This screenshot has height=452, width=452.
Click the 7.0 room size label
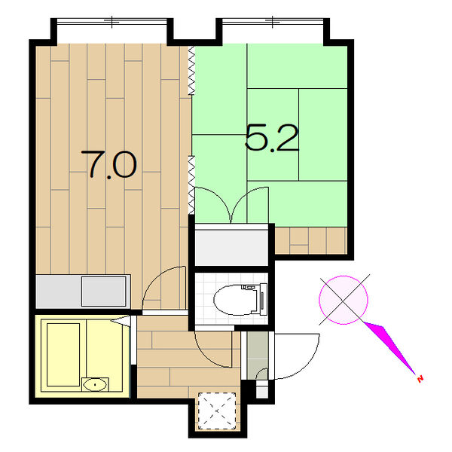pyautogui.click(x=108, y=164)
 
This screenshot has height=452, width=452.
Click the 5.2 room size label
pyautogui.click(x=271, y=138)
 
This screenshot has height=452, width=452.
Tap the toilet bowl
pyautogui.click(x=240, y=299)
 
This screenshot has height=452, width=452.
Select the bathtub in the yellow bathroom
pyautogui.click(x=63, y=355)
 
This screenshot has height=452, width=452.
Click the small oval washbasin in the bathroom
pyautogui.click(x=95, y=384)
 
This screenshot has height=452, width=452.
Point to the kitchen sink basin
pyautogui.click(x=103, y=292)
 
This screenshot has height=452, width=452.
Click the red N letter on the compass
pyautogui.click(x=420, y=378)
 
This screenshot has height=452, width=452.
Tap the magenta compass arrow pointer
pyautogui.click(x=389, y=347)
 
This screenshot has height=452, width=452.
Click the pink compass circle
pyautogui.click(x=344, y=300)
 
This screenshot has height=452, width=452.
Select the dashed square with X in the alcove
pyautogui.click(x=217, y=411)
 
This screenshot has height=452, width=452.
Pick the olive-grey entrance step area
pyautogui.click(x=258, y=356)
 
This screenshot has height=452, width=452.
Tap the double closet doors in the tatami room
pyautogui.click(x=232, y=205)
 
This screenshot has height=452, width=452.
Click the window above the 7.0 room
pyautogui.click(x=111, y=21)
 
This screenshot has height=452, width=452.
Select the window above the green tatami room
pyautogui.click(x=273, y=21)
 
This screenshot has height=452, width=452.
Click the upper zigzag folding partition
pyautogui.click(x=191, y=70)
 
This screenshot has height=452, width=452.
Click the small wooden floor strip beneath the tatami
pyautogui.click(x=310, y=240)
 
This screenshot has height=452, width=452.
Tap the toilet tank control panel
pyautogui.click(x=263, y=299)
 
